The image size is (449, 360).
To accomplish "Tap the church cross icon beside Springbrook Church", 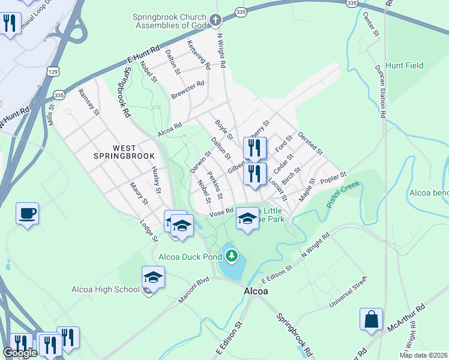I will click(x=215, y=21).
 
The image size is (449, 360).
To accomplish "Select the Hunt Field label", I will click(x=405, y=65).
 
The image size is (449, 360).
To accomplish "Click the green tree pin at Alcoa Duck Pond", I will click(x=231, y=257).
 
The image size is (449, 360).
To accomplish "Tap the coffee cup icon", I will click(x=27, y=213).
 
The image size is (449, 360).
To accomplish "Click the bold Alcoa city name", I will click(x=256, y=291).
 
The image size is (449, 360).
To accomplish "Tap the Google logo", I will click(x=20, y=353).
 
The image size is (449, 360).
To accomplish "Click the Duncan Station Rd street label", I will click(x=379, y=90).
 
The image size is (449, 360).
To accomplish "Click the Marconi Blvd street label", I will click(x=193, y=288).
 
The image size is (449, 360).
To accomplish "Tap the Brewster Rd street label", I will click(x=188, y=91).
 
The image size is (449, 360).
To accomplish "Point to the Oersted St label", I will click(x=310, y=143).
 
